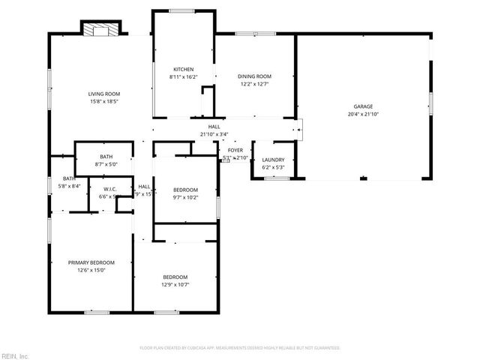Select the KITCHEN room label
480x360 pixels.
tap(184, 69)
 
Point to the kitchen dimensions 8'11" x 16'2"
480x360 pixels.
tap(184, 76)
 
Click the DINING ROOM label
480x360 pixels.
tap(254, 76)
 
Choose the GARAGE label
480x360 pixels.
tap(363, 106)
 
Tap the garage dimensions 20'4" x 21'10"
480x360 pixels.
tap(363, 114)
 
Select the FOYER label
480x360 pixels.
tap(235, 151)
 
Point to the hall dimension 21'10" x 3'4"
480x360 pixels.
tap(214, 134)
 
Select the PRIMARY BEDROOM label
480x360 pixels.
tap(91, 262)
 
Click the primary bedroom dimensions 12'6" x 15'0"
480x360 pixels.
tap(91, 270)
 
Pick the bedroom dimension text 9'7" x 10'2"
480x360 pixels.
tap(185, 196)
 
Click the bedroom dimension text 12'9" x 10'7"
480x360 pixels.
tap(174, 284)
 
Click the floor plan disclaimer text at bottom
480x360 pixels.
tap(240, 348)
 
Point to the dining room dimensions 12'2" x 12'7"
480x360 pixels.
tap(254, 84)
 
